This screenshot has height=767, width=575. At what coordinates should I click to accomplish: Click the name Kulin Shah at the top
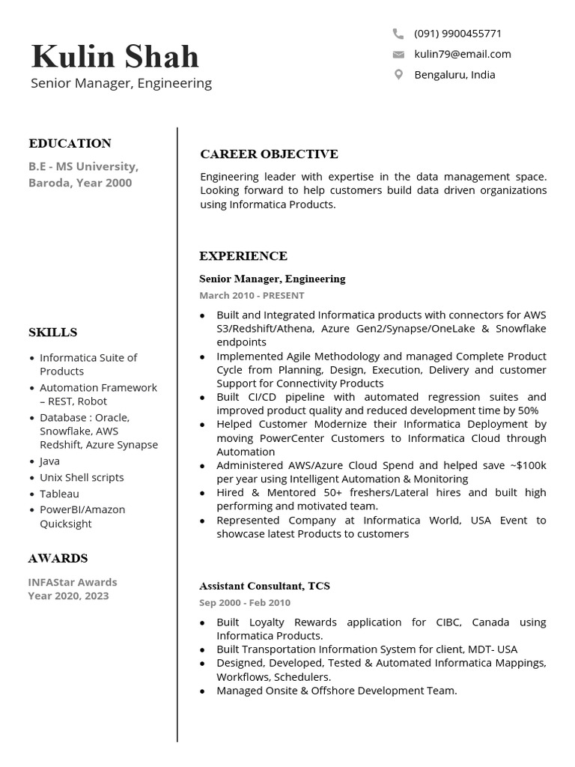click(x=115, y=57)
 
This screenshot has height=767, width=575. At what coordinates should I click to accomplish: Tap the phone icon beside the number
click(x=398, y=34)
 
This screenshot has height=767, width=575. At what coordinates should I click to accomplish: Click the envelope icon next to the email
click(x=398, y=54)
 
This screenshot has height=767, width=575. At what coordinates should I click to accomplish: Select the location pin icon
click(x=398, y=74)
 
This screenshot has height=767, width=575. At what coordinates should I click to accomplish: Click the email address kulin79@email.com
click(x=462, y=54)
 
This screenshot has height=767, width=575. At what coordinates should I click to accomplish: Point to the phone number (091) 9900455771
click(x=457, y=34)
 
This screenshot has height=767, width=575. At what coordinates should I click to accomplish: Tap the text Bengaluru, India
click(x=454, y=75)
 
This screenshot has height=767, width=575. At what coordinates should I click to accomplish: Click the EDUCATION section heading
click(x=70, y=143)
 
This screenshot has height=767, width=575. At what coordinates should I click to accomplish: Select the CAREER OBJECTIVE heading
click(x=269, y=154)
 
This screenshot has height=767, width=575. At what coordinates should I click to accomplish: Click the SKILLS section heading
click(x=52, y=332)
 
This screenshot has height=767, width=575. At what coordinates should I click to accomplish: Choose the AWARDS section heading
click(x=58, y=558)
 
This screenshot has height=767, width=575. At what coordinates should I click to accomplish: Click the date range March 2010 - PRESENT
click(x=252, y=296)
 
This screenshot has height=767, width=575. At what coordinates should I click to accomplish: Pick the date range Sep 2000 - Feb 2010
click(x=245, y=603)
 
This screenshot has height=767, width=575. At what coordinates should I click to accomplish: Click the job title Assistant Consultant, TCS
click(x=264, y=586)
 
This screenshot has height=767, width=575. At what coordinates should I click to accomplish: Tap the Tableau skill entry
click(x=59, y=494)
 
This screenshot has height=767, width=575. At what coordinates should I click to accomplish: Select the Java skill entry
click(x=49, y=461)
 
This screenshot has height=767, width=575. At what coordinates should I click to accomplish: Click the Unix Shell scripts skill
click(x=82, y=478)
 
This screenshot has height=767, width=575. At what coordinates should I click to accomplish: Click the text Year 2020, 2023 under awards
click(x=68, y=596)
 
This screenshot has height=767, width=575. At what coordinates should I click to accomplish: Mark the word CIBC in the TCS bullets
click(x=451, y=622)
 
